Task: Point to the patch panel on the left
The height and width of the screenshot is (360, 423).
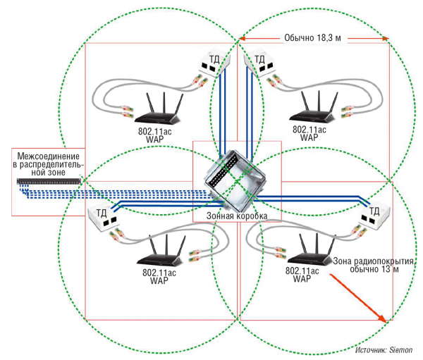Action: tap(47, 183)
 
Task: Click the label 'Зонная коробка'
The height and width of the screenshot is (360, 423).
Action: tap(236, 215)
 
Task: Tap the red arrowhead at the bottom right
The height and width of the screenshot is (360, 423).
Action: tap(385, 319)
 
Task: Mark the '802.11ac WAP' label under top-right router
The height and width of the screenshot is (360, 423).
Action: tap(309, 134)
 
